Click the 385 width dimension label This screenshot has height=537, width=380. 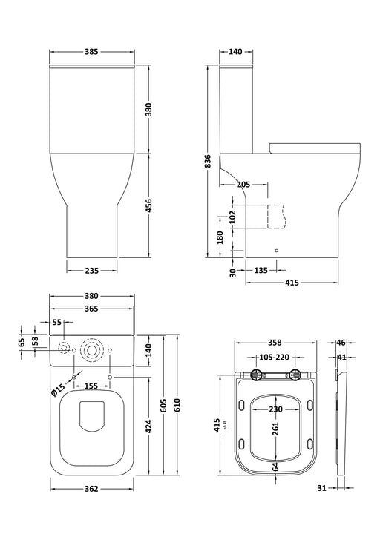click(x=91, y=52)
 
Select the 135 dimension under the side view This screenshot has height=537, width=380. click(x=261, y=271)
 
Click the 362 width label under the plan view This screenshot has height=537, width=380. click(x=91, y=489)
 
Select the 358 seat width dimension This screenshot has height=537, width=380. click(x=275, y=343)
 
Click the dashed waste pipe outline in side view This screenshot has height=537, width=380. click(x=275, y=214)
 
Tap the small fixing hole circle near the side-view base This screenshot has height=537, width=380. click(x=276, y=251)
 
